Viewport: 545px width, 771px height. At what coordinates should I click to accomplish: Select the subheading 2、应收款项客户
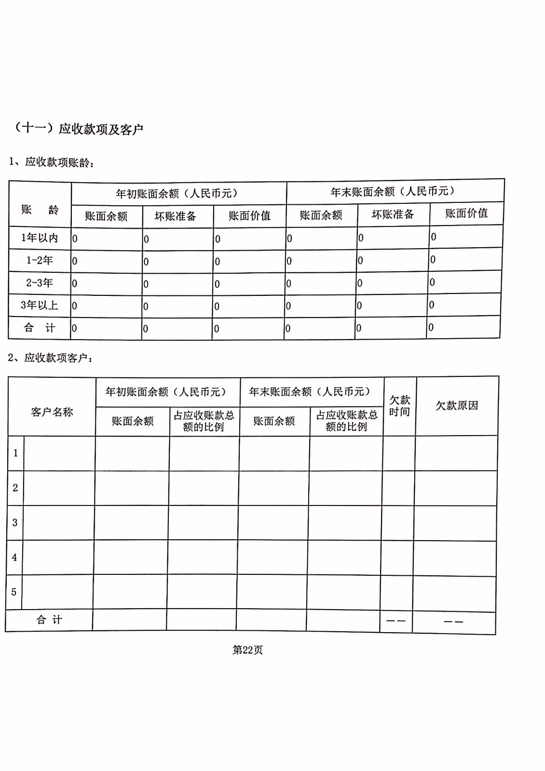pyautogui.click(x=51, y=358)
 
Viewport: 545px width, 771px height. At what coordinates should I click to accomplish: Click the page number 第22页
pyautogui.click(x=247, y=650)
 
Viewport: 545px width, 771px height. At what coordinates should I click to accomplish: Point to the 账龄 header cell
pyautogui.click(x=40, y=210)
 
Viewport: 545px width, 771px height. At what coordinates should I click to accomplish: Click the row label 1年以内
pyautogui.click(x=40, y=238)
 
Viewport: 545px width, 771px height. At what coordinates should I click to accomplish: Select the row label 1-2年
pyautogui.click(x=40, y=261)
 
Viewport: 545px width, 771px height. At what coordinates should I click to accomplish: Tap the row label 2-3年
pyautogui.click(x=40, y=283)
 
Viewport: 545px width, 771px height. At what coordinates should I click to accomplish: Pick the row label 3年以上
pyautogui.click(x=40, y=306)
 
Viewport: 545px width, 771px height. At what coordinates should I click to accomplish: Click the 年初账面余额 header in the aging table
pyautogui.click(x=177, y=194)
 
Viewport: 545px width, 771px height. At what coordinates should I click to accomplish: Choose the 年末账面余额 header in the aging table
pyautogui.click(x=393, y=192)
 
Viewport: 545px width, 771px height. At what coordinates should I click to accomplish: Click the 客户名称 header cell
pyautogui.click(x=52, y=412)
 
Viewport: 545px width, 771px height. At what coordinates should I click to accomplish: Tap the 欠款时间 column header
pyautogui.click(x=399, y=406)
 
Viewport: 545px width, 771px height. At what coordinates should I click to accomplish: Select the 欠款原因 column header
pyautogui.click(x=457, y=406)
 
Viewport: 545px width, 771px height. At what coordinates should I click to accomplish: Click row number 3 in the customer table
pyautogui.click(x=14, y=523)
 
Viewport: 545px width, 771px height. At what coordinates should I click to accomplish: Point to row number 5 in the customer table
pyautogui.click(x=14, y=592)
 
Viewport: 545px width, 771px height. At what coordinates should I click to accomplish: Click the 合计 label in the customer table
pyautogui.click(x=49, y=620)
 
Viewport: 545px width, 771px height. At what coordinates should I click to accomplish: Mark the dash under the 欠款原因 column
pyautogui.click(x=453, y=622)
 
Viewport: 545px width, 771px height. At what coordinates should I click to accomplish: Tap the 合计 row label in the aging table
pyautogui.click(x=40, y=328)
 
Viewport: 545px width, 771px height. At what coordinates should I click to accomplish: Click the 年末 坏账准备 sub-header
pyautogui.click(x=393, y=214)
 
